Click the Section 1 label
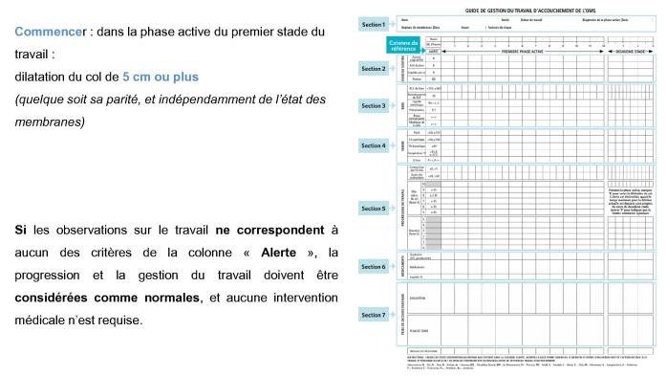[x=373, y=24]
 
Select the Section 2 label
[x=373, y=69]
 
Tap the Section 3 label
[x=373, y=105]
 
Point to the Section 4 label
[x=373, y=145]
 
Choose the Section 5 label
[x=373, y=208]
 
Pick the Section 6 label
[x=373, y=267]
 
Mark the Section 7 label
[x=373, y=315]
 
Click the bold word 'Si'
[x=20, y=231]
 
